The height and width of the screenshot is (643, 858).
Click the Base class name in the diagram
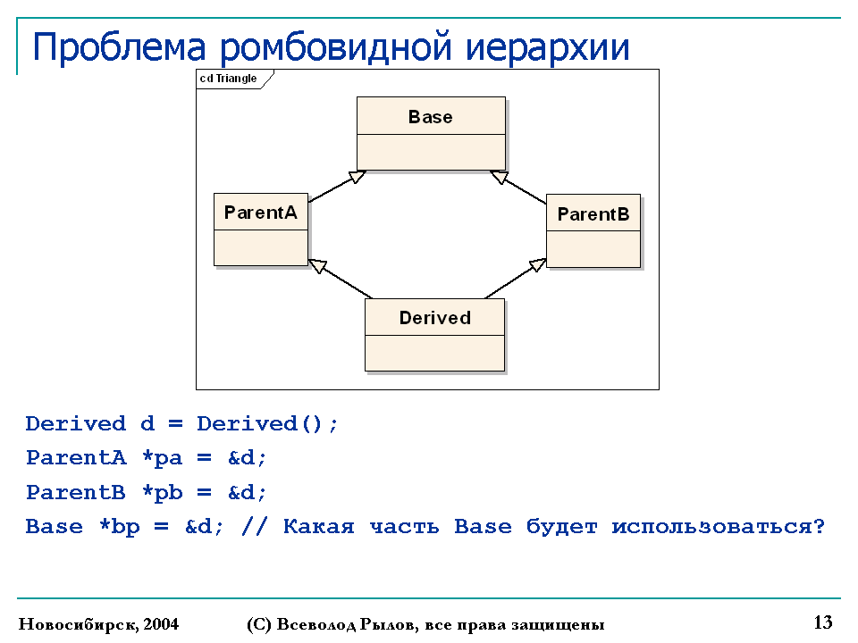[431, 117]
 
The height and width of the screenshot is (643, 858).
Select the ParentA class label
[260, 213]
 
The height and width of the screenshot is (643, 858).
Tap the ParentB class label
[593, 213]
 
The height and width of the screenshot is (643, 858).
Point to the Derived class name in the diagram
[435, 318]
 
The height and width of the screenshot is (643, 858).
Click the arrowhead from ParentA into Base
[357, 177]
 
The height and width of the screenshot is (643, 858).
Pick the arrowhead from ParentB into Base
[499, 177]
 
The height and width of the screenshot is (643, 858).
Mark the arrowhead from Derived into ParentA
[317, 266]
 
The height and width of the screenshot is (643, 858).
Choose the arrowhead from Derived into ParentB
[537, 265]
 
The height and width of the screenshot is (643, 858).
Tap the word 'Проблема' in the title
[119, 46]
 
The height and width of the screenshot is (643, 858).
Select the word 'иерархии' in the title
[547, 47]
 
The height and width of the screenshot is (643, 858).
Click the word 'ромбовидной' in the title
[336, 47]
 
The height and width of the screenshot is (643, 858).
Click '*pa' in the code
[162, 458]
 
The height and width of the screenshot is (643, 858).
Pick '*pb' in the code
[162, 493]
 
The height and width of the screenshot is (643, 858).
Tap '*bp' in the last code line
[119, 527]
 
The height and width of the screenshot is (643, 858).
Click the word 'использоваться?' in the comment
[718, 527]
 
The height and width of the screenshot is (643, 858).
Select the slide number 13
[823, 622]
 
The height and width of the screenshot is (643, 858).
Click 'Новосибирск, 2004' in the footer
[98, 624]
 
